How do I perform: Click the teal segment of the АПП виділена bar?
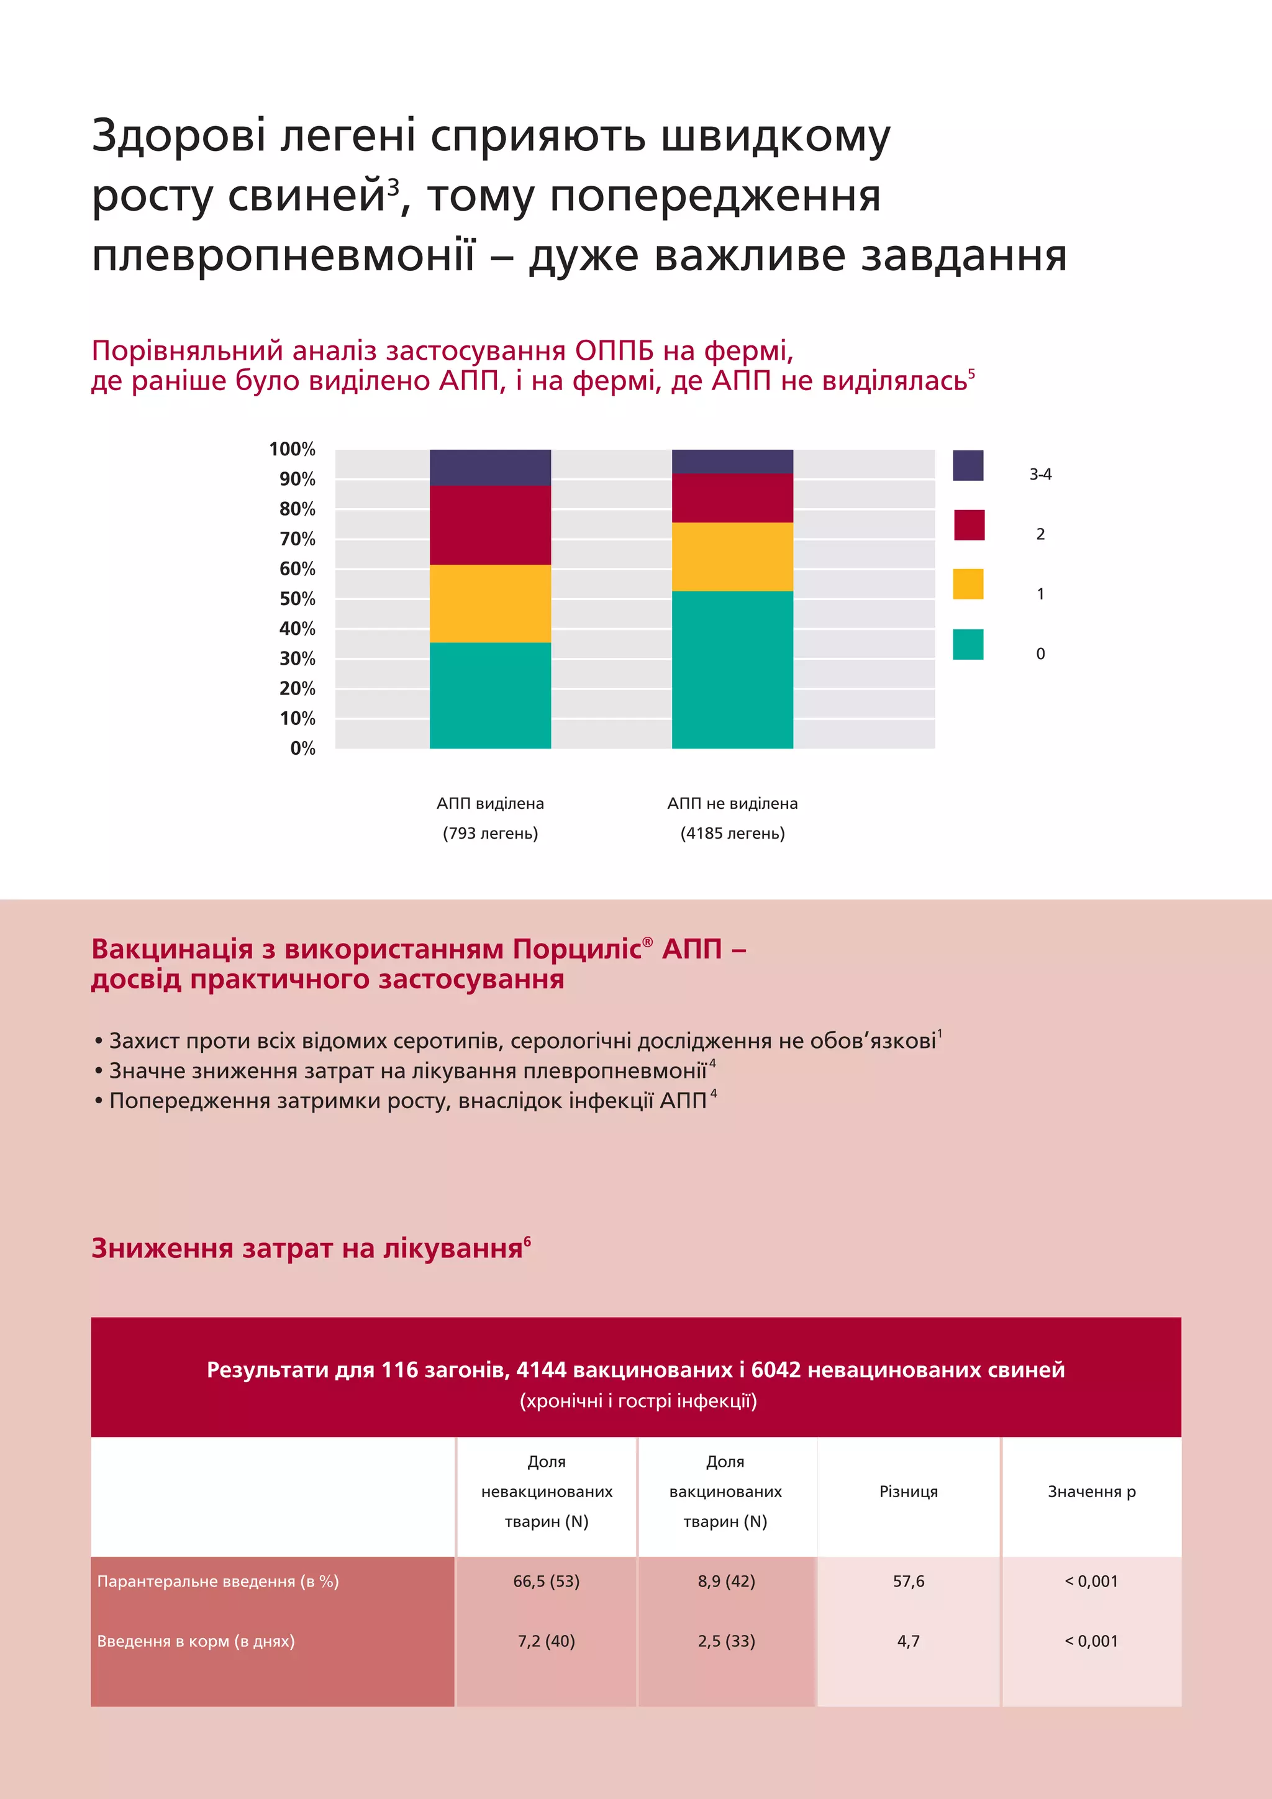(489, 695)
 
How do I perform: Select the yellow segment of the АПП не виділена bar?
(732, 557)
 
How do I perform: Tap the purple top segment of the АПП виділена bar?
(489, 467)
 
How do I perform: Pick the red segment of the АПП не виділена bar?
(732, 498)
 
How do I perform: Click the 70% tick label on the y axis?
(297, 539)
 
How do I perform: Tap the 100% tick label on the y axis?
(291, 449)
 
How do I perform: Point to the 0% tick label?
(302, 749)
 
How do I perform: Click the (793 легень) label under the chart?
(490, 833)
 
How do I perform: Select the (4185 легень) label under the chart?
(732, 833)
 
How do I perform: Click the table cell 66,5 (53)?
(546, 1581)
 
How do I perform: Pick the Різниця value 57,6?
(908, 1581)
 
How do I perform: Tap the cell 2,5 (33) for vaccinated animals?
(726, 1641)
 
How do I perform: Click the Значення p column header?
(1091, 1491)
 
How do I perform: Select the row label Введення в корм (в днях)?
(196, 1641)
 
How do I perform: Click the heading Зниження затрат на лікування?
(307, 1248)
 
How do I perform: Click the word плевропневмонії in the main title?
(283, 256)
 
